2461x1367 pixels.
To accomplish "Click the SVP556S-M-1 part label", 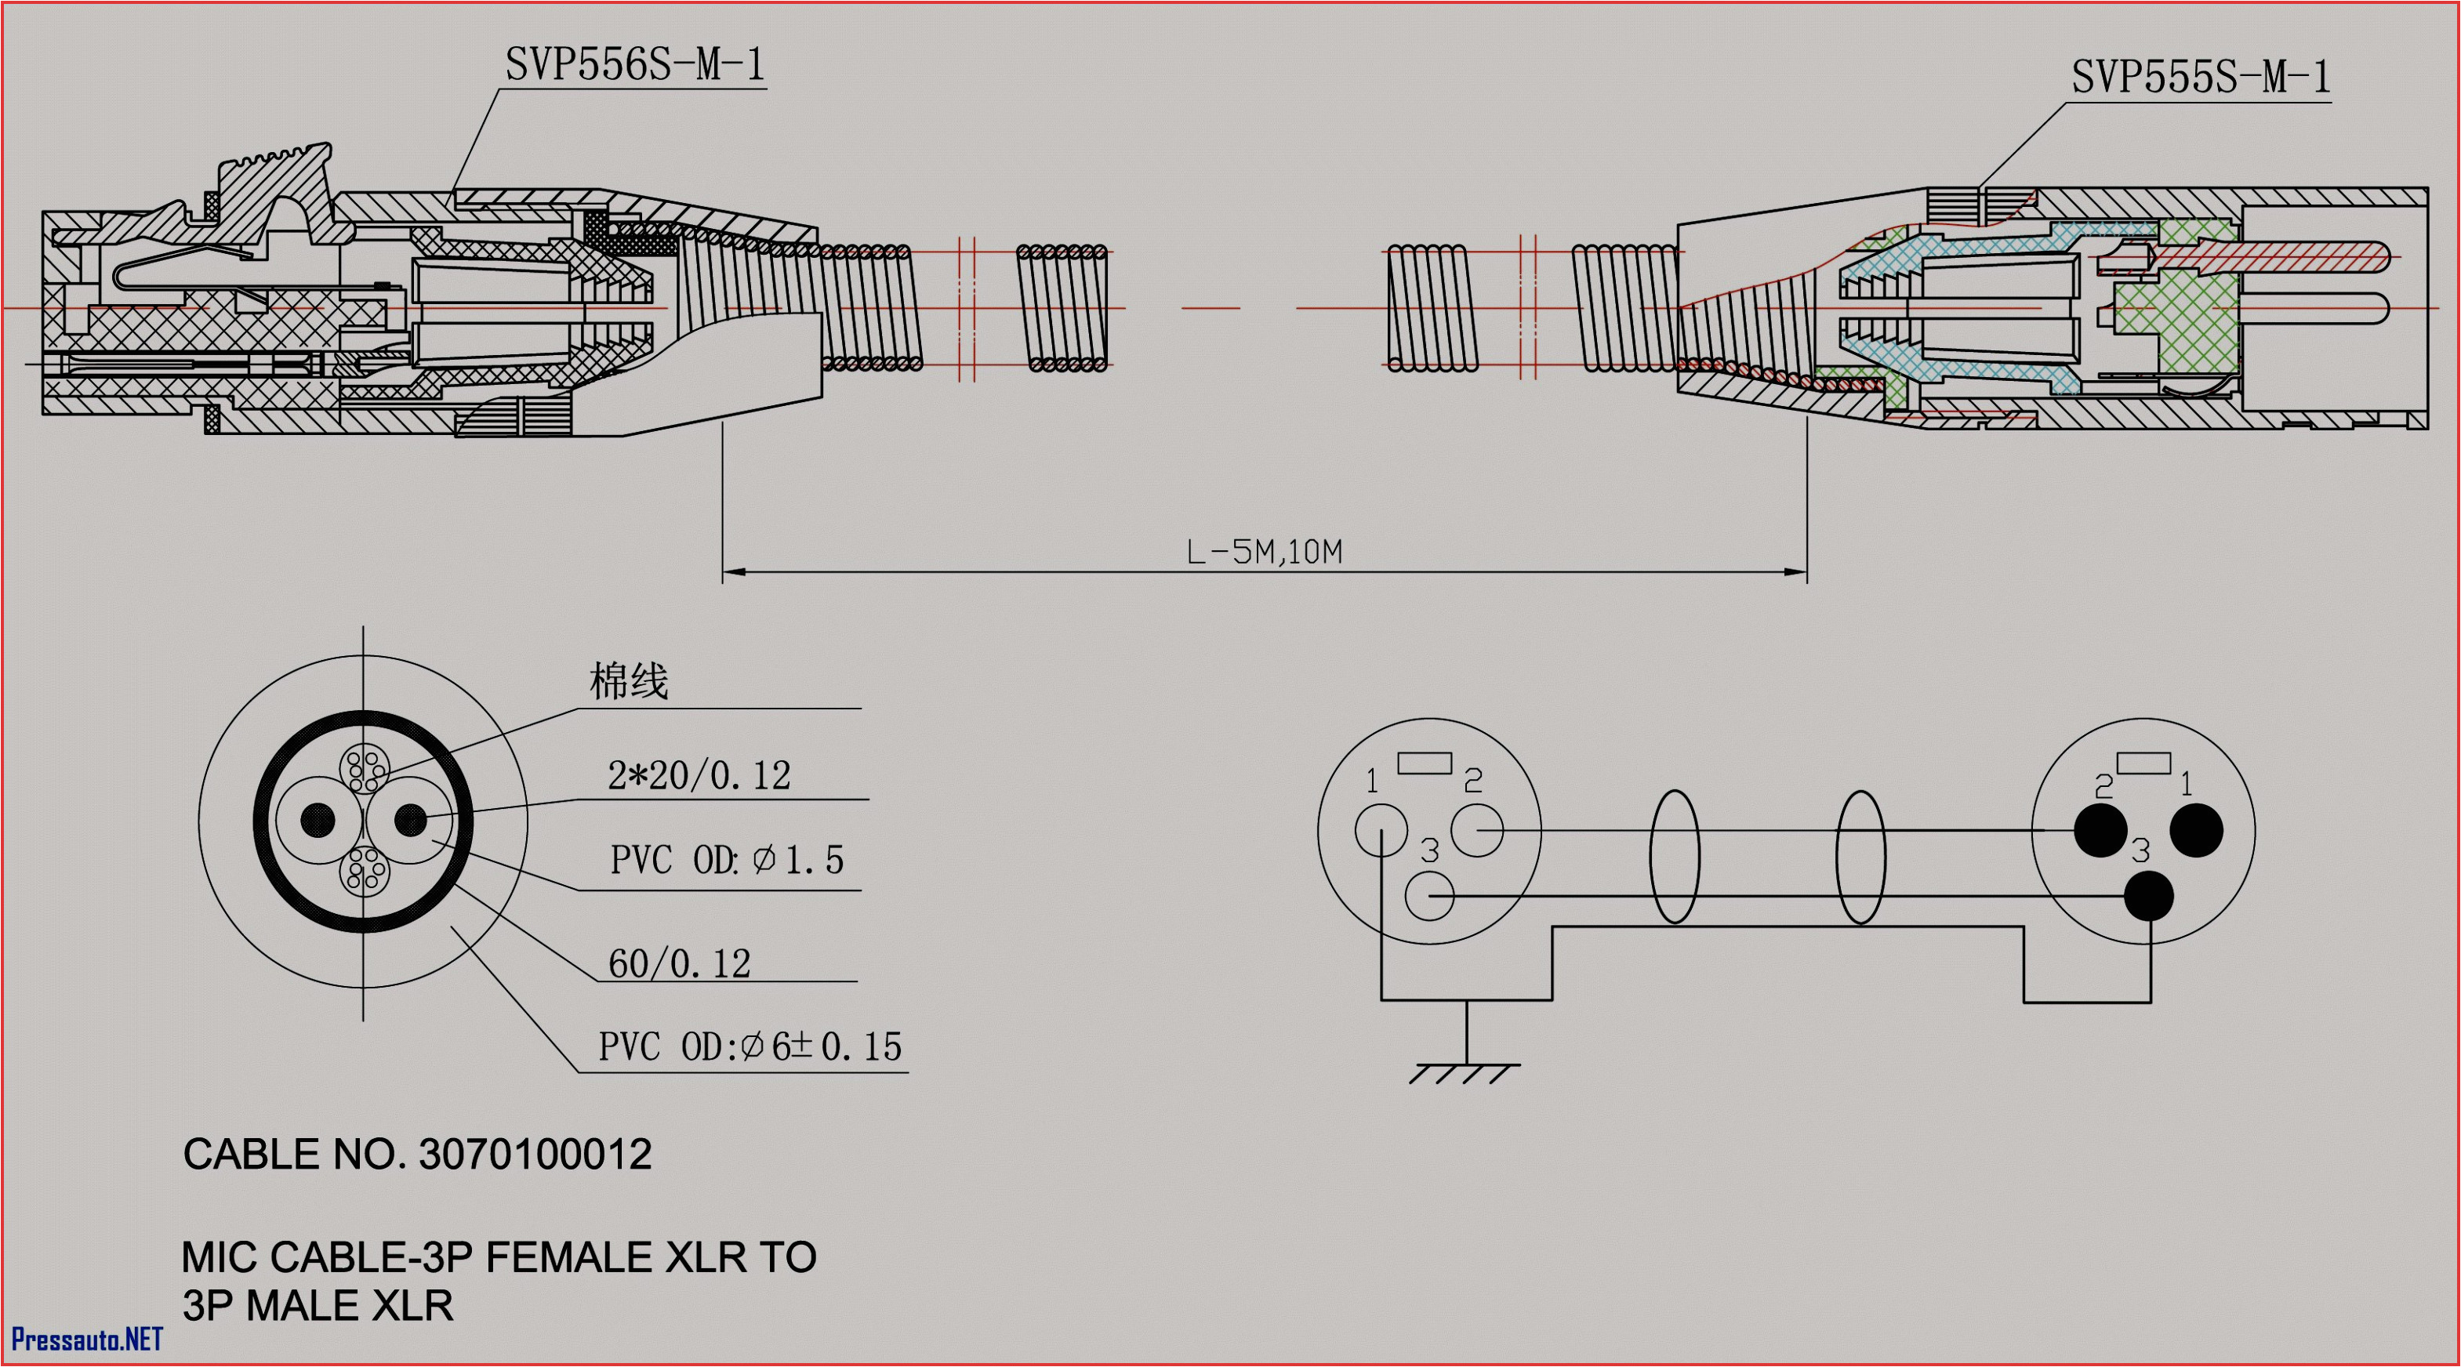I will pyautogui.click(x=634, y=65).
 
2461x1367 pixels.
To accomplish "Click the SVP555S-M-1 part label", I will pyautogui.click(x=2200, y=76).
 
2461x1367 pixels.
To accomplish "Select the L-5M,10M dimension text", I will pyautogui.click(x=1264, y=552).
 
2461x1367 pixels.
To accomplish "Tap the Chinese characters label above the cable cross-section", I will pyautogui.click(x=628, y=681).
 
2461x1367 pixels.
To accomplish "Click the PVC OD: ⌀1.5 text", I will pyautogui.click(x=726, y=860).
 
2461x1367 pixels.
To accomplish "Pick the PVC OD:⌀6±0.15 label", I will pyautogui.click(x=750, y=1047).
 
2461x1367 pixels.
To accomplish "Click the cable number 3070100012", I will pyautogui.click(x=535, y=1155).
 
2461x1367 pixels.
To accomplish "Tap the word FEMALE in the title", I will pyautogui.click(x=569, y=1257).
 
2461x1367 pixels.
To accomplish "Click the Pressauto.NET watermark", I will pyautogui.click(x=87, y=1340).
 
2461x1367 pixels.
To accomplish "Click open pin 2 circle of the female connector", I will pyautogui.click(x=1476, y=830).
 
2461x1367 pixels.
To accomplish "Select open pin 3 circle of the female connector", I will pyautogui.click(x=1429, y=896).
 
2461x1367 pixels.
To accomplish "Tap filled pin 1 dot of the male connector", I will pyautogui.click(x=2196, y=830).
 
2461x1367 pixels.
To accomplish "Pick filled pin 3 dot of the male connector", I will pyautogui.click(x=2149, y=896).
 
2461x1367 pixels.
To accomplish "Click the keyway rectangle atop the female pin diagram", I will pyautogui.click(x=1425, y=763).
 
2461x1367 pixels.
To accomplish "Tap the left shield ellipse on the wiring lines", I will pyautogui.click(x=1674, y=857).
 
